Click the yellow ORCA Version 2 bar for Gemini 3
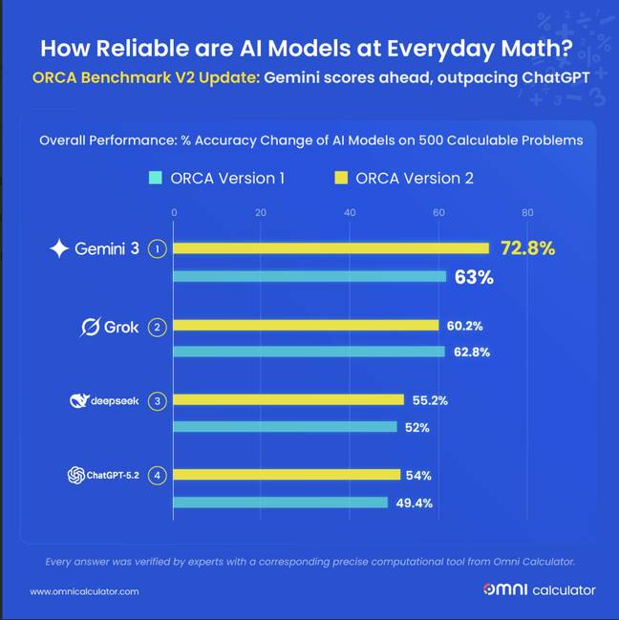(331, 248)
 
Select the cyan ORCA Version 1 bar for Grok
(309, 352)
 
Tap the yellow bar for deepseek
(288, 399)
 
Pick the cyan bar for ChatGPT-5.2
(280, 502)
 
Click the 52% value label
(416, 427)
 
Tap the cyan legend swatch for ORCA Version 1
(155, 178)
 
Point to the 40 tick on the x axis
(350, 212)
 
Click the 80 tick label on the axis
(526, 212)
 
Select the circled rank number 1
(159, 248)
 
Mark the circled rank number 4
(159, 475)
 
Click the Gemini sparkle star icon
(59, 248)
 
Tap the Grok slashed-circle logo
(90, 328)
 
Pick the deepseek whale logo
(78, 400)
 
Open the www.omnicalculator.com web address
(85, 591)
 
